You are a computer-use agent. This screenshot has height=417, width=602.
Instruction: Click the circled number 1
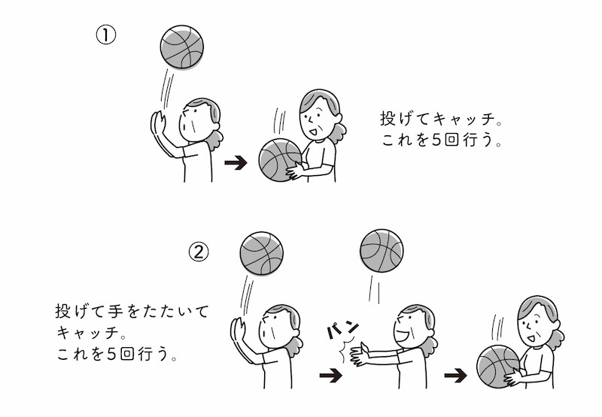click(x=105, y=35)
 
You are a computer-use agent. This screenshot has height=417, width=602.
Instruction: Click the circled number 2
click(x=199, y=252)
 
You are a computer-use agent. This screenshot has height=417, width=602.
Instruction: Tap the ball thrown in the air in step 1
click(x=181, y=47)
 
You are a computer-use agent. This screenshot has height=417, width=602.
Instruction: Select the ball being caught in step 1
click(x=280, y=160)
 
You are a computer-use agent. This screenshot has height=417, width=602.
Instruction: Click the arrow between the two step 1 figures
click(x=236, y=162)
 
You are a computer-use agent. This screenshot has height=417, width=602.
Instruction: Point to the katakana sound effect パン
click(x=342, y=330)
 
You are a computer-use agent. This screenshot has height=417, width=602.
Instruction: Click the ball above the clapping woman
click(x=382, y=251)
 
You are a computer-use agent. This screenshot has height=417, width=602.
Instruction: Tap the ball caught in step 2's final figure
click(x=498, y=367)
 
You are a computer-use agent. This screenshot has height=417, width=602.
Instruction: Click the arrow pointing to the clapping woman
click(x=330, y=375)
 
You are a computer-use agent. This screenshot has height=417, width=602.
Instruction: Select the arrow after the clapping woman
click(x=456, y=375)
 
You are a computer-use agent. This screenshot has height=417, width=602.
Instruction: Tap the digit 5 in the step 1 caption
click(x=436, y=140)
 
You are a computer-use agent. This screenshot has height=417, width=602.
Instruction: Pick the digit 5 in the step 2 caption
click(x=111, y=354)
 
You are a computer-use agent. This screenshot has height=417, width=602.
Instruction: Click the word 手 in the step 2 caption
click(x=115, y=311)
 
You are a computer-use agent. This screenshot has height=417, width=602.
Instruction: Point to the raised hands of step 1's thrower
click(x=158, y=122)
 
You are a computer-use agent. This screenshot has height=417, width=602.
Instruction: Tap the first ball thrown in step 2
click(x=261, y=253)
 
